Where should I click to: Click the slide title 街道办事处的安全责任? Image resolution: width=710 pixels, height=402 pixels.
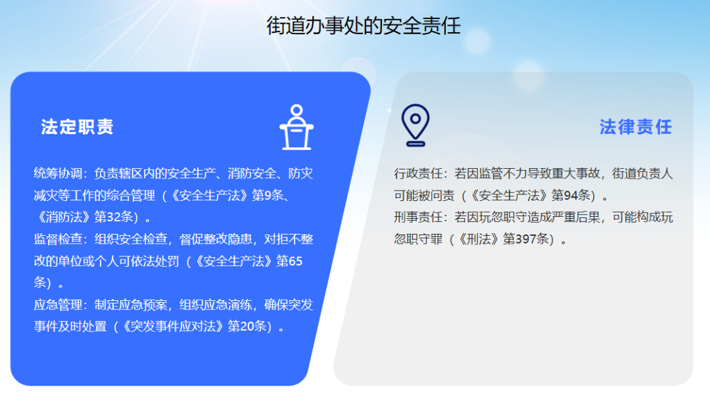pos(363,26)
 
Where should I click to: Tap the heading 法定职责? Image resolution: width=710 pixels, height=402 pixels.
pos(77,127)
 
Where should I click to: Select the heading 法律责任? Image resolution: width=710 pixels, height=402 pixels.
pos(636,127)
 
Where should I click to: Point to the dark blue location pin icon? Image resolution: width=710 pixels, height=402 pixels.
pos(415,125)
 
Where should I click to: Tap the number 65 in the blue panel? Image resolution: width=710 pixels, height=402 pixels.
pos(295,261)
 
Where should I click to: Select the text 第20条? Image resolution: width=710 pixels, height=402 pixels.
pos(247,326)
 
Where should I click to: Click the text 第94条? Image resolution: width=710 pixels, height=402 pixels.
pos(571,195)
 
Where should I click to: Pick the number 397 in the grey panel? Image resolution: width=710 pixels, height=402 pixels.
pos(525,238)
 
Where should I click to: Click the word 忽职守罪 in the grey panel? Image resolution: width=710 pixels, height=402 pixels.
pos(418,238)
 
